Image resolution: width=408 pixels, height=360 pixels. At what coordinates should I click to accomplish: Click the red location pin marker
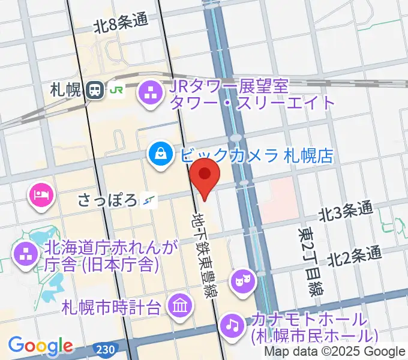(x=205, y=175)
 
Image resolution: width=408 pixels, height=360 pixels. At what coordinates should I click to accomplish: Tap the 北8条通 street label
(x=120, y=24)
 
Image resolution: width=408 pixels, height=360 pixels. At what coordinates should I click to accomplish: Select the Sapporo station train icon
(x=94, y=90)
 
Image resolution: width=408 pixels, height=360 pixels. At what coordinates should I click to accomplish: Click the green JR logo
(x=115, y=91)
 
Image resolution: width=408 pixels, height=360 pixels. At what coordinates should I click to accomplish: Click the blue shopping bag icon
(x=160, y=156)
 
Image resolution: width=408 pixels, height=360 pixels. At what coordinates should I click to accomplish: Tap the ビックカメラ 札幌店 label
(x=256, y=156)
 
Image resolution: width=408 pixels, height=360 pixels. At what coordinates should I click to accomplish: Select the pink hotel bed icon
(x=40, y=194)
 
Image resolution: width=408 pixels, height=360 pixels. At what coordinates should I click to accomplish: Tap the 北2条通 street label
(x=354, y=256)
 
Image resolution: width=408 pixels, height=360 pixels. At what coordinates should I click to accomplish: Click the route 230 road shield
(x=104, y=348)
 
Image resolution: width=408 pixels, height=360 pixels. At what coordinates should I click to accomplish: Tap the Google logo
(x=40, y=346)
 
